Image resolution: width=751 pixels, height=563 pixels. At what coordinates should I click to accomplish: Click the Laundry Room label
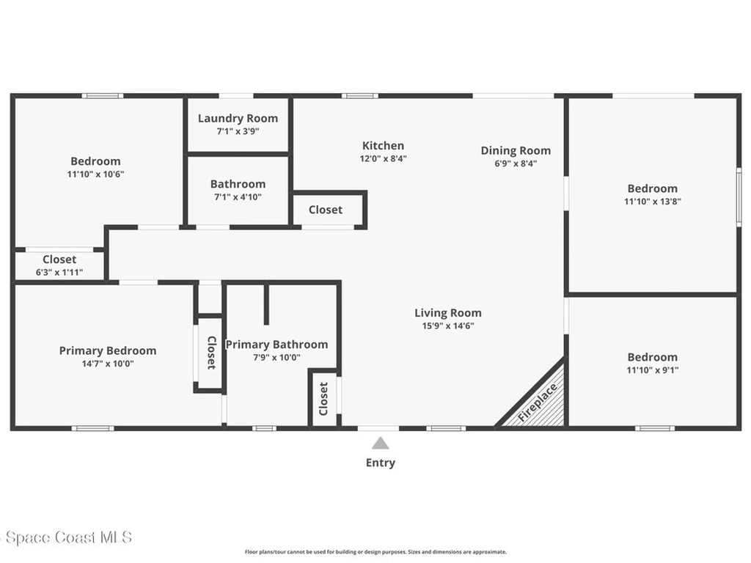coord(238,118)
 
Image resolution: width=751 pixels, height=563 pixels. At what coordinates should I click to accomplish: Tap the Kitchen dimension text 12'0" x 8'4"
coord(383,158)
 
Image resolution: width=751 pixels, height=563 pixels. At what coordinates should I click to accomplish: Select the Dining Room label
coord(516,150)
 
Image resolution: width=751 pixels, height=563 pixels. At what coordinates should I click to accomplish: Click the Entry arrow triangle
coord(380,444)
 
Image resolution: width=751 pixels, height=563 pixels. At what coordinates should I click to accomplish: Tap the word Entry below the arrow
coord(380,463)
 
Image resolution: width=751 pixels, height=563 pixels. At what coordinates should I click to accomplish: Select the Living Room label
coord(447,313)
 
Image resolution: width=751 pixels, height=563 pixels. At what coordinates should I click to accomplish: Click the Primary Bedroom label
coord(108,350)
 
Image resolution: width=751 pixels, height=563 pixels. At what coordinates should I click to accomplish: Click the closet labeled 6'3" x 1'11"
coord(59,273)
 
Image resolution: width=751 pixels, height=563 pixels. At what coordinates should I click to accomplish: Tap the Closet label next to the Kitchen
coord(325,210)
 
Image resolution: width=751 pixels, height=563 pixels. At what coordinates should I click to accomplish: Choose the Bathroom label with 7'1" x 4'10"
coord(238,184)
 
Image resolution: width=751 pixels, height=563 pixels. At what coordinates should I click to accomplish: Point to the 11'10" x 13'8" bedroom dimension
coord(652,202)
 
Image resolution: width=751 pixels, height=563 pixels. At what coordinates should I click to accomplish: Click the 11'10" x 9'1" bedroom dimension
coord(652,370)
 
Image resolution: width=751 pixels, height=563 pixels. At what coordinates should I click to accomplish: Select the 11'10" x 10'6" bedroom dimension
coord(95,174)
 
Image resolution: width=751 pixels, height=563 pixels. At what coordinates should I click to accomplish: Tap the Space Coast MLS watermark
coord(66,537)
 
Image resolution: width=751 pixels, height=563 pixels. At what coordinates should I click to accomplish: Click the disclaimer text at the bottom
coord(375,552)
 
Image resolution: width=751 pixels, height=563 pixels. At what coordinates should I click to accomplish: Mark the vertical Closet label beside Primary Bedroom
coord(210,353)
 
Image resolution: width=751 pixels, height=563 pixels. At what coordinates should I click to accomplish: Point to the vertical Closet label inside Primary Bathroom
coord(323,398)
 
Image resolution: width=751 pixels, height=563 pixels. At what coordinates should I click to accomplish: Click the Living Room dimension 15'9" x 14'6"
coord(447,326)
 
